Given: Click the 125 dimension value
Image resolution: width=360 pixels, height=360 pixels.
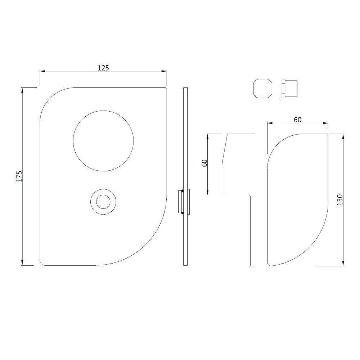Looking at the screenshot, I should coord(103,68).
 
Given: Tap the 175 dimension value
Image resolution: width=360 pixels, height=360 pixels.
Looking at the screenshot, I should coord(19,176).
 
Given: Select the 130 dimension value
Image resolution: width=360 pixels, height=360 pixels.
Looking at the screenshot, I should coord(339,199).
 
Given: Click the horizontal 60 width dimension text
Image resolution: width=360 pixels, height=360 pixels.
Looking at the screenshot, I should coord(297,120).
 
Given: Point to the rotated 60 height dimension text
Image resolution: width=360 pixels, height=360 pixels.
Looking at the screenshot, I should coord(204,163).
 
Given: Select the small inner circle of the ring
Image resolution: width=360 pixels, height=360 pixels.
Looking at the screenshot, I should coord(103,202).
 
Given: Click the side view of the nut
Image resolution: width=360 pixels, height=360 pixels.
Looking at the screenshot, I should coord(289,88).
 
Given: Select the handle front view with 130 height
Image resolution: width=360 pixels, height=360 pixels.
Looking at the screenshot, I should coord(297,200).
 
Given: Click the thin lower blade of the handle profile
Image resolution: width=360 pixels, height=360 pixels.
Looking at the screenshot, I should coord(252,230).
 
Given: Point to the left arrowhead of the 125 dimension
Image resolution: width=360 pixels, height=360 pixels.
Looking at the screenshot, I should coord(42,72).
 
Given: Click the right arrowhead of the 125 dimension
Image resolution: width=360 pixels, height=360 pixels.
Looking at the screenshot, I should coord(165,72).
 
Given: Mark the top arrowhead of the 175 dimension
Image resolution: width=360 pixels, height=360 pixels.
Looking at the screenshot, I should coord(23,90).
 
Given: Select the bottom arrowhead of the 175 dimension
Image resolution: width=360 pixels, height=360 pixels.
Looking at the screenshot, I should coord(23,263).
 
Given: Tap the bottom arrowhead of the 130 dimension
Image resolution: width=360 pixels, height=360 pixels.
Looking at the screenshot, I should coord(343,263).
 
